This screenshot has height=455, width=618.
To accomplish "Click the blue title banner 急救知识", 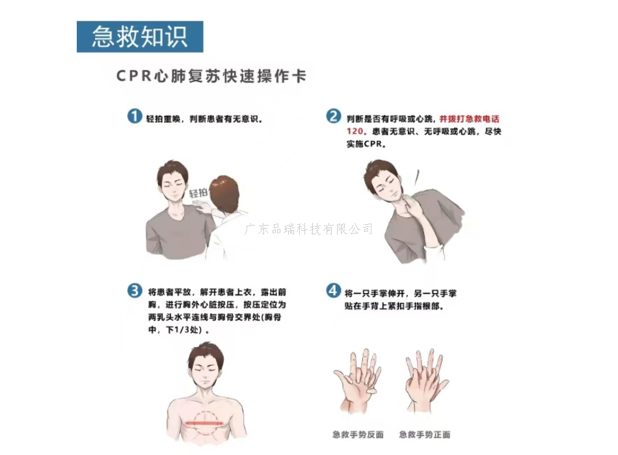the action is pos(140,36).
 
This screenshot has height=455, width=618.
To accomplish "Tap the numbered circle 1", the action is pos(135,116).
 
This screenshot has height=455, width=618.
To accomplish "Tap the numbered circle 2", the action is pos(333,116).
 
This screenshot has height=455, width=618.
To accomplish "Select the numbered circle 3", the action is pos(135,291).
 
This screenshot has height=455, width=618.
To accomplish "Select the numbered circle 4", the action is pos(333,291).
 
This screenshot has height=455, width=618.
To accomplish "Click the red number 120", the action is pos(355,131).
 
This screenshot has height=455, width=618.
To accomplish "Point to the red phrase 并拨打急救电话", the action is pos(470,118).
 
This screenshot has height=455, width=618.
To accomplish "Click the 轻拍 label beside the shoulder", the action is pos(198,192).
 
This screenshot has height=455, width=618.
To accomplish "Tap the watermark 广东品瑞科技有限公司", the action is pos(308,229).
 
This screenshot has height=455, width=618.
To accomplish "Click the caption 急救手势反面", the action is pos(358,434).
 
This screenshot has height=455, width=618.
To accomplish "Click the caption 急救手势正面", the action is pos(425,434).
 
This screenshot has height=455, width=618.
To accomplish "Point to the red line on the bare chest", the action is pos(204,423).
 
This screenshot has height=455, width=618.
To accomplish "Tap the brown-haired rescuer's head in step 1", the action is pos(224,193).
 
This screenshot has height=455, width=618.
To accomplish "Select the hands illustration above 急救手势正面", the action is pos(426,380).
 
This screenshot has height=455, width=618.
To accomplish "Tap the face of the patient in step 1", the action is pos(174,185).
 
